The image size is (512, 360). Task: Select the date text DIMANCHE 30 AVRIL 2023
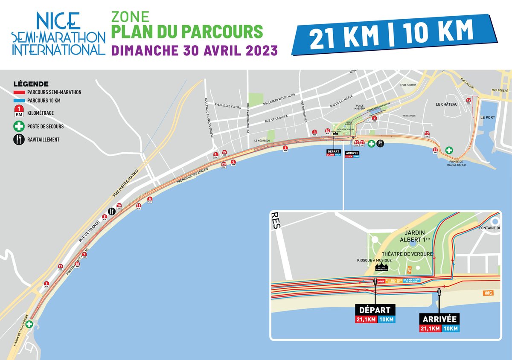tap(194, 50)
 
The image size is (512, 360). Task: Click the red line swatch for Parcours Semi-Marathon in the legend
tap(19, 92)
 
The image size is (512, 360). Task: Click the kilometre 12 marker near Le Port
tap(469, 101)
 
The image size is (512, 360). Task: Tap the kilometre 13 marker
tap(427, 134)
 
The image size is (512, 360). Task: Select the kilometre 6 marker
tap(46, 284)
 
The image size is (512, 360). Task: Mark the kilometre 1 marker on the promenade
tap(285, 148)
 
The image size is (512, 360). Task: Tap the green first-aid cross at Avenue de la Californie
tap(29, 324)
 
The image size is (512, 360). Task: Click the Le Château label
tap(447, 104)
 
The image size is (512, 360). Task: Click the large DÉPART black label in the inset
tap(375, 310)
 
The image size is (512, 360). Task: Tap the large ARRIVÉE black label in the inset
tap(439, 319)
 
